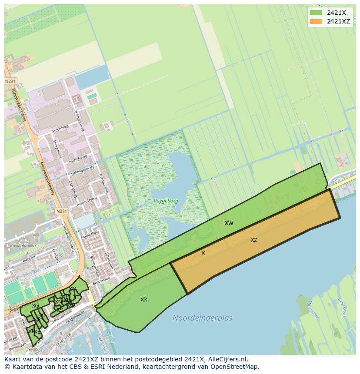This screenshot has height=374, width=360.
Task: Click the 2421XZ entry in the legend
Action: point(338,21)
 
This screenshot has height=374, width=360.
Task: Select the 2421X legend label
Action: point(336,12)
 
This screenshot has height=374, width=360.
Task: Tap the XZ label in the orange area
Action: point(254,240)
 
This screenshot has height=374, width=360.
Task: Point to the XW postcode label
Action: point(229,223)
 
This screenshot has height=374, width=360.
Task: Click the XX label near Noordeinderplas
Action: point(144,300)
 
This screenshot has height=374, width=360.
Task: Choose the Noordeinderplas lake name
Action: point(202,318)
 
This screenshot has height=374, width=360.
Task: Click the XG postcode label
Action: point(36,306)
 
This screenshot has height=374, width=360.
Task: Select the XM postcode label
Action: point(73,289)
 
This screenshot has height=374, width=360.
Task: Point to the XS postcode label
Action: point(60,310)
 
